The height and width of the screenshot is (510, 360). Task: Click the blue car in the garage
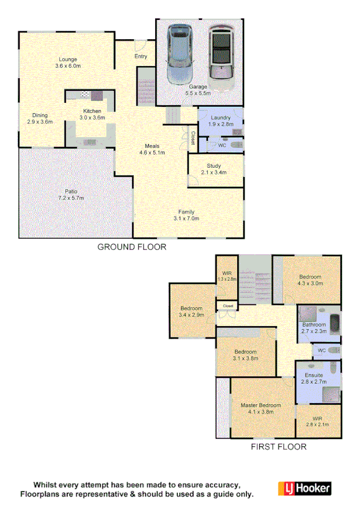pyautogui.click(x=180, y=54)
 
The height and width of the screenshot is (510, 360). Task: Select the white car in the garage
pyautogui.click(x=221, y=57)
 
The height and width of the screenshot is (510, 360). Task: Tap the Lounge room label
pyautogui.click(x=67, y=62)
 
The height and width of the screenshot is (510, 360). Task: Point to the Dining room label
pyautogui.click(x=40, y=118)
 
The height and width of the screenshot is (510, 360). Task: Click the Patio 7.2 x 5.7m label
pyautogui.click(x=71, y=194)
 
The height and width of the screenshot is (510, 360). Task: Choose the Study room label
pyautogui.click(x=214, y=170)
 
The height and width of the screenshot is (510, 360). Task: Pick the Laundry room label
pyautogui.click(x=220, y=120)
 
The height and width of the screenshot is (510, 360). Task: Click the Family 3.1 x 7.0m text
pyautogui.click(x=186, y=215)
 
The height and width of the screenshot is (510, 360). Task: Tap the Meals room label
pyautogui.click(x=152, y=149)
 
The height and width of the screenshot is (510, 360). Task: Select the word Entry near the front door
pyautogui.click(x=141, y=57)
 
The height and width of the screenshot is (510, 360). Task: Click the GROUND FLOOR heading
pyautogui.click(x=132, y=247)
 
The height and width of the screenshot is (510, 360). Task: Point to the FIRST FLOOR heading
pyautogui.click(x=278, y=447)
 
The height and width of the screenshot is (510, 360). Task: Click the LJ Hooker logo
pyautogui.click(x=304, y=488)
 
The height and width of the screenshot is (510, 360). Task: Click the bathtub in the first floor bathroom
pyautogui.click(x=335, y=324)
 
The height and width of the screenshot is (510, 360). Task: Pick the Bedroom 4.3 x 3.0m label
pyautogui.click(x=311, y=280)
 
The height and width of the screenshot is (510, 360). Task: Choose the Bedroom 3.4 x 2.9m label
pyautogui.click(x=192, y=310)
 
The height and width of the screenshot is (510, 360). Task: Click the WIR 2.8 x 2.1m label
pyautogui.click(x=318, y=421)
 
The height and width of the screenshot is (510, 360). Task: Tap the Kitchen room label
pyautogui.click(x=92, y=114)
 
